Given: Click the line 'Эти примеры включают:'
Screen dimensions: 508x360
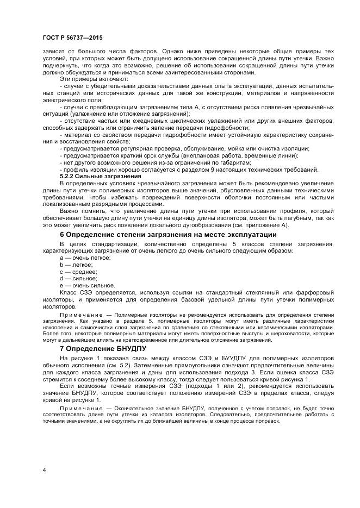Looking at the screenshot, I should (94, 79).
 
